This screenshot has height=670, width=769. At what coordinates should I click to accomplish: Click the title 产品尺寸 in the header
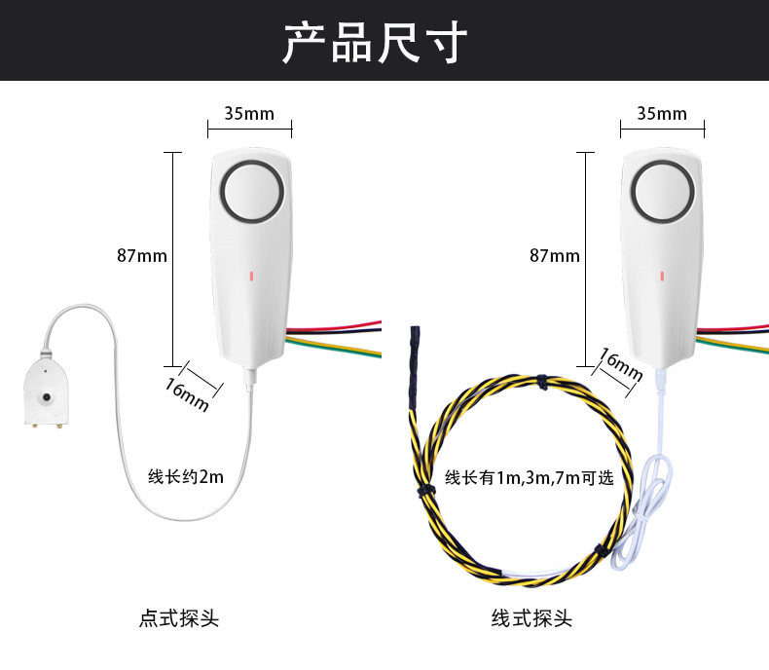[x=375, y=41]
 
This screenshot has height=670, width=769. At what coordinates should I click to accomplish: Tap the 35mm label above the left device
[x=249, y=113]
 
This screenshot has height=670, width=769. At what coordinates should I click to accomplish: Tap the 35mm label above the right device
[x=662, y=113]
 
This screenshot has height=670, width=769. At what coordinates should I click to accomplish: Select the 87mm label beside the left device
[x=142, y=256]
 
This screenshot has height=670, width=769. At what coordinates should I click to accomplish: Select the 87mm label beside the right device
[x=555, y=256]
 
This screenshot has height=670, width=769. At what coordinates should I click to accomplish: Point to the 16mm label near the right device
[x=619, y=366]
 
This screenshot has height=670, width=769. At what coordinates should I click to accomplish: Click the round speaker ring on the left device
[x=253, y=192]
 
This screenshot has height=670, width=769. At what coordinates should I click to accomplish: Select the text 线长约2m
[x=186, y=477]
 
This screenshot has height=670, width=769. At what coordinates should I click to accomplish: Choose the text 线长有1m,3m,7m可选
[x=530, y=478]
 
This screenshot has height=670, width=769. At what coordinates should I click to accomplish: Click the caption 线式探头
[x=531, y=618]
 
